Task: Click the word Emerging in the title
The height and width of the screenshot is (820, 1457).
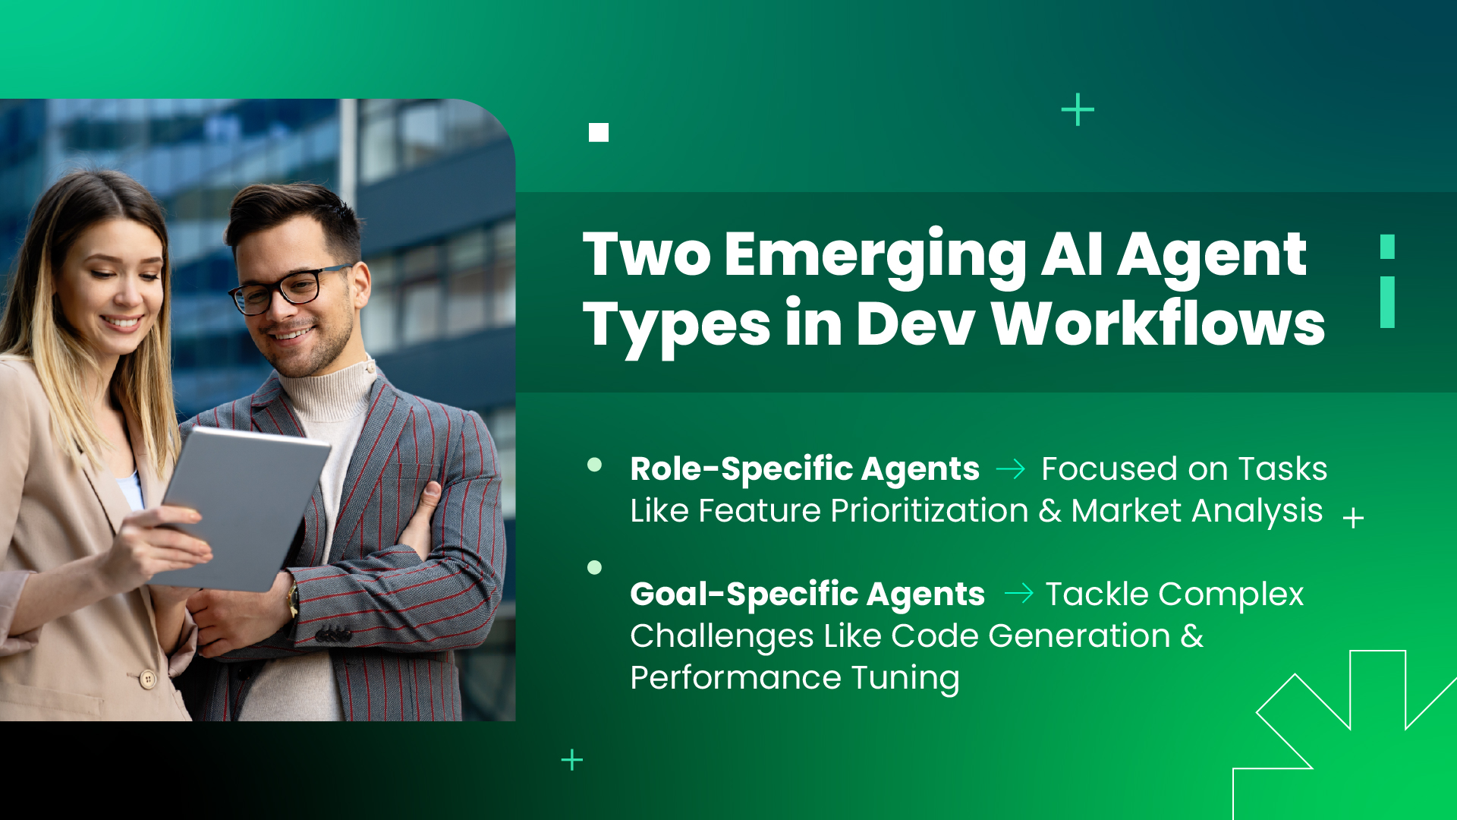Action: pyautogui.click(x=875, y=255)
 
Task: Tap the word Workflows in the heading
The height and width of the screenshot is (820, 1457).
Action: pyautogui.click(x=1158, y=324)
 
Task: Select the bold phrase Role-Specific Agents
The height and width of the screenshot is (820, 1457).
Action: pyautogui.click(x=804, y=468)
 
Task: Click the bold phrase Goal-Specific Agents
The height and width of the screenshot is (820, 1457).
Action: pyautogui.click(x=807, y=594)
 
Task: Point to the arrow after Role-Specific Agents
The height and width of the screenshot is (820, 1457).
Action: pyautogui.click(x=1010, y=469)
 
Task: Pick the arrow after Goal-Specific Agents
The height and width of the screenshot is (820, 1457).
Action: pyautogui.click(x=1018, y=593)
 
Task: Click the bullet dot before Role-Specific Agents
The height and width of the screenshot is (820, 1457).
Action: pyautogui.click(x=595, y=465)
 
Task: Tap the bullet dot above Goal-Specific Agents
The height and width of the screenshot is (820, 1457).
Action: pyautogui.click(x=595, y=567)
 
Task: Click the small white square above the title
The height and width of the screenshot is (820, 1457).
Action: pyautogui.click(x=599, y=133)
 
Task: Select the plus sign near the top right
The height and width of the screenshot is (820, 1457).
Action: pyautogui.click(x=1078, y=110)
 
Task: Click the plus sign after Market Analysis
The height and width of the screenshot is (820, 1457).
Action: pyautogui.click(x=1353, y=519)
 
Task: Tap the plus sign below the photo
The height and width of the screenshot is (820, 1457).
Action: pyautogui.click(x=572, y=760)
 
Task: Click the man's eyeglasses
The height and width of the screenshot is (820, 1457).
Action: pyautogui.click(x=292, y=289)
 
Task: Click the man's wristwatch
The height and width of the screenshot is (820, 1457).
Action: pyautogui.click(x=292, y=600)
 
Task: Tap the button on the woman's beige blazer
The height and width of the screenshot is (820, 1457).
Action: pyautogui.click(x=149, y=678)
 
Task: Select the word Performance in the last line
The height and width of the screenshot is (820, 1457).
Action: pyautogui.click(x=735, y=677)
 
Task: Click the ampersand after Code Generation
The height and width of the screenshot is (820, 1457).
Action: pyautogui.click(x=1192, y=635)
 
